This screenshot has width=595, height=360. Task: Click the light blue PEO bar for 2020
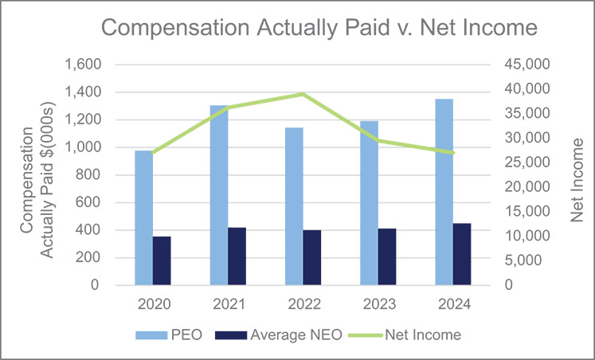click(144, 217)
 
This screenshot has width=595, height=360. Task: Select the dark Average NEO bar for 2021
click(237, 256)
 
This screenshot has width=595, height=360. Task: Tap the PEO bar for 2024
click(444, 192)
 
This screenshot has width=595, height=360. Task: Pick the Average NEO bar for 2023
click(387, 256)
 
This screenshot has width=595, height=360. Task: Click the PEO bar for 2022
click(294, 206)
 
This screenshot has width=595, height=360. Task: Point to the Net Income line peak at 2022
click(303, 94)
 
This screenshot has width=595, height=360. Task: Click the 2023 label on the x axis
click(378, 304)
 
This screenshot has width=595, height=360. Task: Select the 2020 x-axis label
click(153, 304)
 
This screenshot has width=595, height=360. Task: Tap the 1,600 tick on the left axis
click(83, 65)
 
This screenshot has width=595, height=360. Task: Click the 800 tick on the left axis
click(88, 175)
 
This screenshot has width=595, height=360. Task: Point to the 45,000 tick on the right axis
click(526, 65)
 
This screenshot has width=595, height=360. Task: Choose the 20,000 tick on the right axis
click(526, 187)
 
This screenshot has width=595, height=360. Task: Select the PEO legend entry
click(169, 335)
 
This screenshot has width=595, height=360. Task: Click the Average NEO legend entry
click(279, 335)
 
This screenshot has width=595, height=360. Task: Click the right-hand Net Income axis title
click(577, 180)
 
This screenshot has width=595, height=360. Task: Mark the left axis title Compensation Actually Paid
click(37, 180)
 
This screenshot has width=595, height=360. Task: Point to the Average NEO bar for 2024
click(462, 254)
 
